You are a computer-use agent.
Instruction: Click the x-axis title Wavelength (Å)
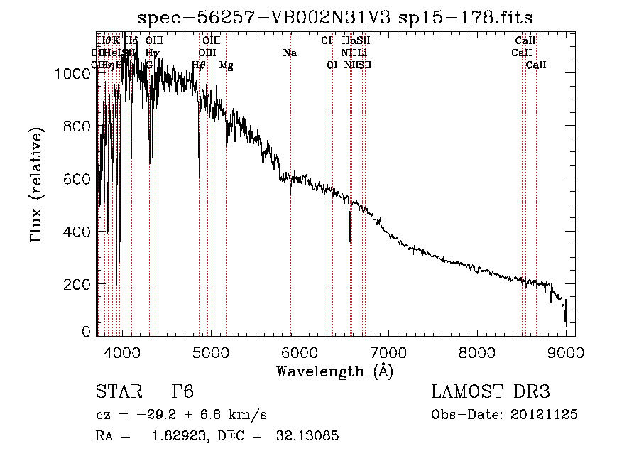click(334, 371)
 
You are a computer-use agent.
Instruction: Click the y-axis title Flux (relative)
click(35, 185)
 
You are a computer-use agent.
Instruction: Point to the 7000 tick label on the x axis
click(388, 351)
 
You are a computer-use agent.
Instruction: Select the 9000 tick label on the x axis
click(565, 351)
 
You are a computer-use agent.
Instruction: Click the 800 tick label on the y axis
click(76, 126)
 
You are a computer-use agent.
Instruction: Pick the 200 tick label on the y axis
click(76, 284)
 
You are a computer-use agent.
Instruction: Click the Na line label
click(290, 53)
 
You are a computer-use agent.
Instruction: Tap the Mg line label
click(226, 65)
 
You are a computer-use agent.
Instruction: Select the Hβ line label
click(199, 65)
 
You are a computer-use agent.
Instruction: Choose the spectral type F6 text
click(182, 392)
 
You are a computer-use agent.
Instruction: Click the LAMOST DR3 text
click(491, 392)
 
